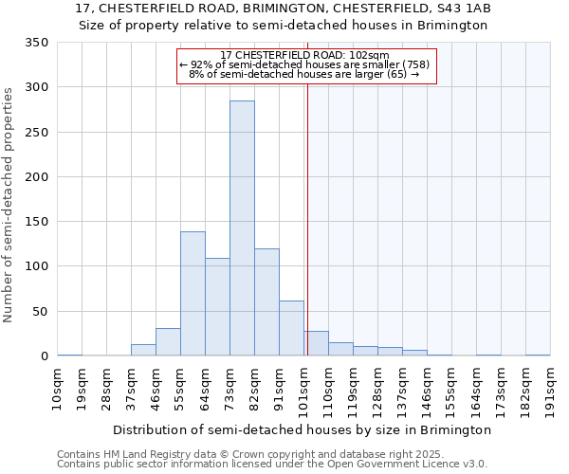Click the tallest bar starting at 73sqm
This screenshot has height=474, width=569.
242,228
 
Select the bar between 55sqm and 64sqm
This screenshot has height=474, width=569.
193,294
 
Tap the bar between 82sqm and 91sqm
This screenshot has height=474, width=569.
266,302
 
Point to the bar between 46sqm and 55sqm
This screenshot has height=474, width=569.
168,342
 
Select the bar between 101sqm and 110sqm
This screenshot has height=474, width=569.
316,343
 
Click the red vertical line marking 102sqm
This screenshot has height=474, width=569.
307,209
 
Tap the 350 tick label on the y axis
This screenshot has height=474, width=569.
36,43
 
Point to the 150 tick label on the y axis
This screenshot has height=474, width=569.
36,222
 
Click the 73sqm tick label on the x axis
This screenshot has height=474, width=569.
230,388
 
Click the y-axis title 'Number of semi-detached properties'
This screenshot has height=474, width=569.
9,204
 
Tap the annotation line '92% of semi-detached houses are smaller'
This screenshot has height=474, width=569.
304,64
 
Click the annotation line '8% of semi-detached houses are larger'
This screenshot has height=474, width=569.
304,73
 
